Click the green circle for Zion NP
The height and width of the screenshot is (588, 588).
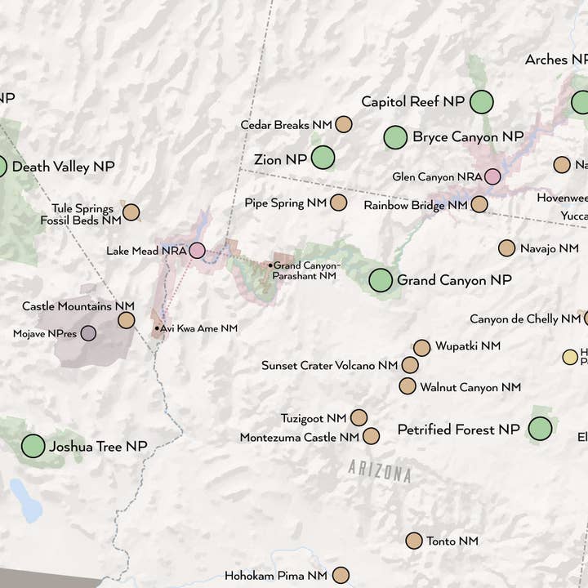tap(323, 157)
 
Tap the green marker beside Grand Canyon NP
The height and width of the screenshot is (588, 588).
tap(381, 280)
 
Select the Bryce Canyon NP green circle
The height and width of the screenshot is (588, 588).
tap(395, 137)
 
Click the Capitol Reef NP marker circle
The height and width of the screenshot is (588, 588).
tap(482, 102)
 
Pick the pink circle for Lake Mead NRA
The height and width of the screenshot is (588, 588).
tap(197, 251)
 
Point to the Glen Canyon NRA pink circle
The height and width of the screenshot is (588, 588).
tap(492, 176)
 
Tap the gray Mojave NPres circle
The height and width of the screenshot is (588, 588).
tap(88, 333)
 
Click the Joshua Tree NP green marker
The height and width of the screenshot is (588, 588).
tap(33, 446)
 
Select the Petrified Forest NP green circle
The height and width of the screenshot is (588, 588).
tap(540, 429)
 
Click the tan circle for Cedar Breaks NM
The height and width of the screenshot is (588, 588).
tap(344, 125)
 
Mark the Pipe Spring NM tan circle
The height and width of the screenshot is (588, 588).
tap(338, 203)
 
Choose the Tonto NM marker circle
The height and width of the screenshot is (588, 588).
tap(414, 541)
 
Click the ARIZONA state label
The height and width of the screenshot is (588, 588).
tap(379, 471)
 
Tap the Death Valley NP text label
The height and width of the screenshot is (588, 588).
tap(63, 167)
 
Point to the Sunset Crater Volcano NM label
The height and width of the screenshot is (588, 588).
tap(329, 366)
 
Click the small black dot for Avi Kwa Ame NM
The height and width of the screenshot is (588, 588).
tap(158, 328)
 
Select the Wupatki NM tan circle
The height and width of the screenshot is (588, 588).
tap(421, 347)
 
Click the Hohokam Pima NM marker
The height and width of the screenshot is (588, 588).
tap(341, 576)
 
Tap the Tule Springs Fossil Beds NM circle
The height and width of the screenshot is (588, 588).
tap(131, 212)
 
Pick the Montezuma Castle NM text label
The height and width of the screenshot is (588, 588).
tap(299, 438)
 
